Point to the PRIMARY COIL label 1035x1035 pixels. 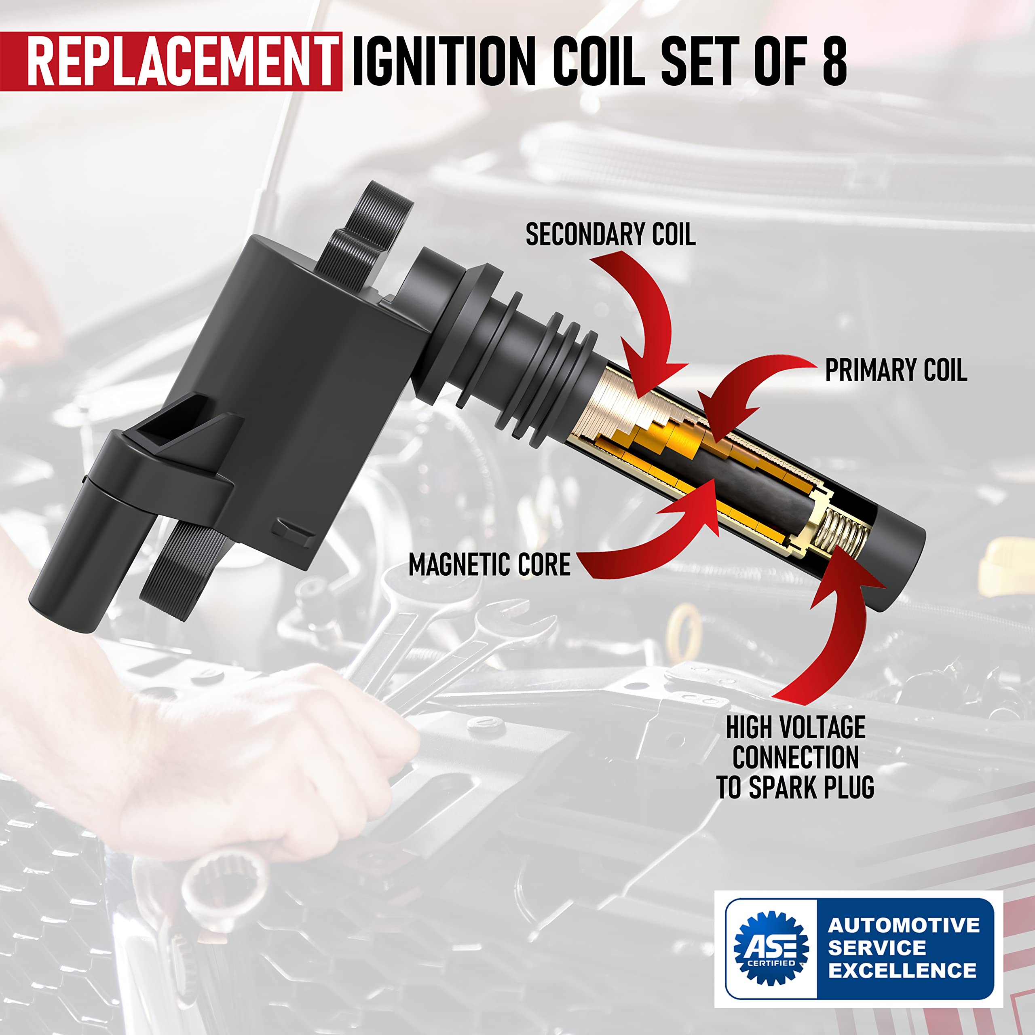tap(896, 370)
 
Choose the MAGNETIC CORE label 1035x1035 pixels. tap(489, 565)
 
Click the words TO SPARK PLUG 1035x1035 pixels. tap(795, 787)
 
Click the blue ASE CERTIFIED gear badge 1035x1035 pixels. tap(771, 948)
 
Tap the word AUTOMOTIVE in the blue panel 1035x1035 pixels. tap(903, 925)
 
